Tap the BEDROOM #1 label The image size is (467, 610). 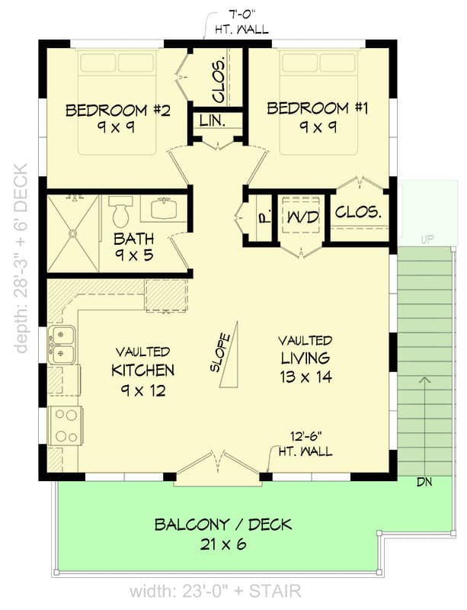(317, 108)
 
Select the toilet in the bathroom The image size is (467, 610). (120, 211)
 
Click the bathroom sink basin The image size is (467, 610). (162, 208)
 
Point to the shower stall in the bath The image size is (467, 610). (73, 233)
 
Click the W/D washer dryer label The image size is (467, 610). (302, 218)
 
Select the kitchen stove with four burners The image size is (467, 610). (66, 425)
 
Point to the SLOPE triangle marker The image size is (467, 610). (228, 355)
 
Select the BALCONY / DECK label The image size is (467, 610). (222, 525)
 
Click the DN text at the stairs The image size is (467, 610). (425, 482)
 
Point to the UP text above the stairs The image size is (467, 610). (426, 240)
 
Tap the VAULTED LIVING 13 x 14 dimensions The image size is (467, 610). (304, 377)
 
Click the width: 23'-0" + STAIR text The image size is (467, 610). (215, 590)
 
